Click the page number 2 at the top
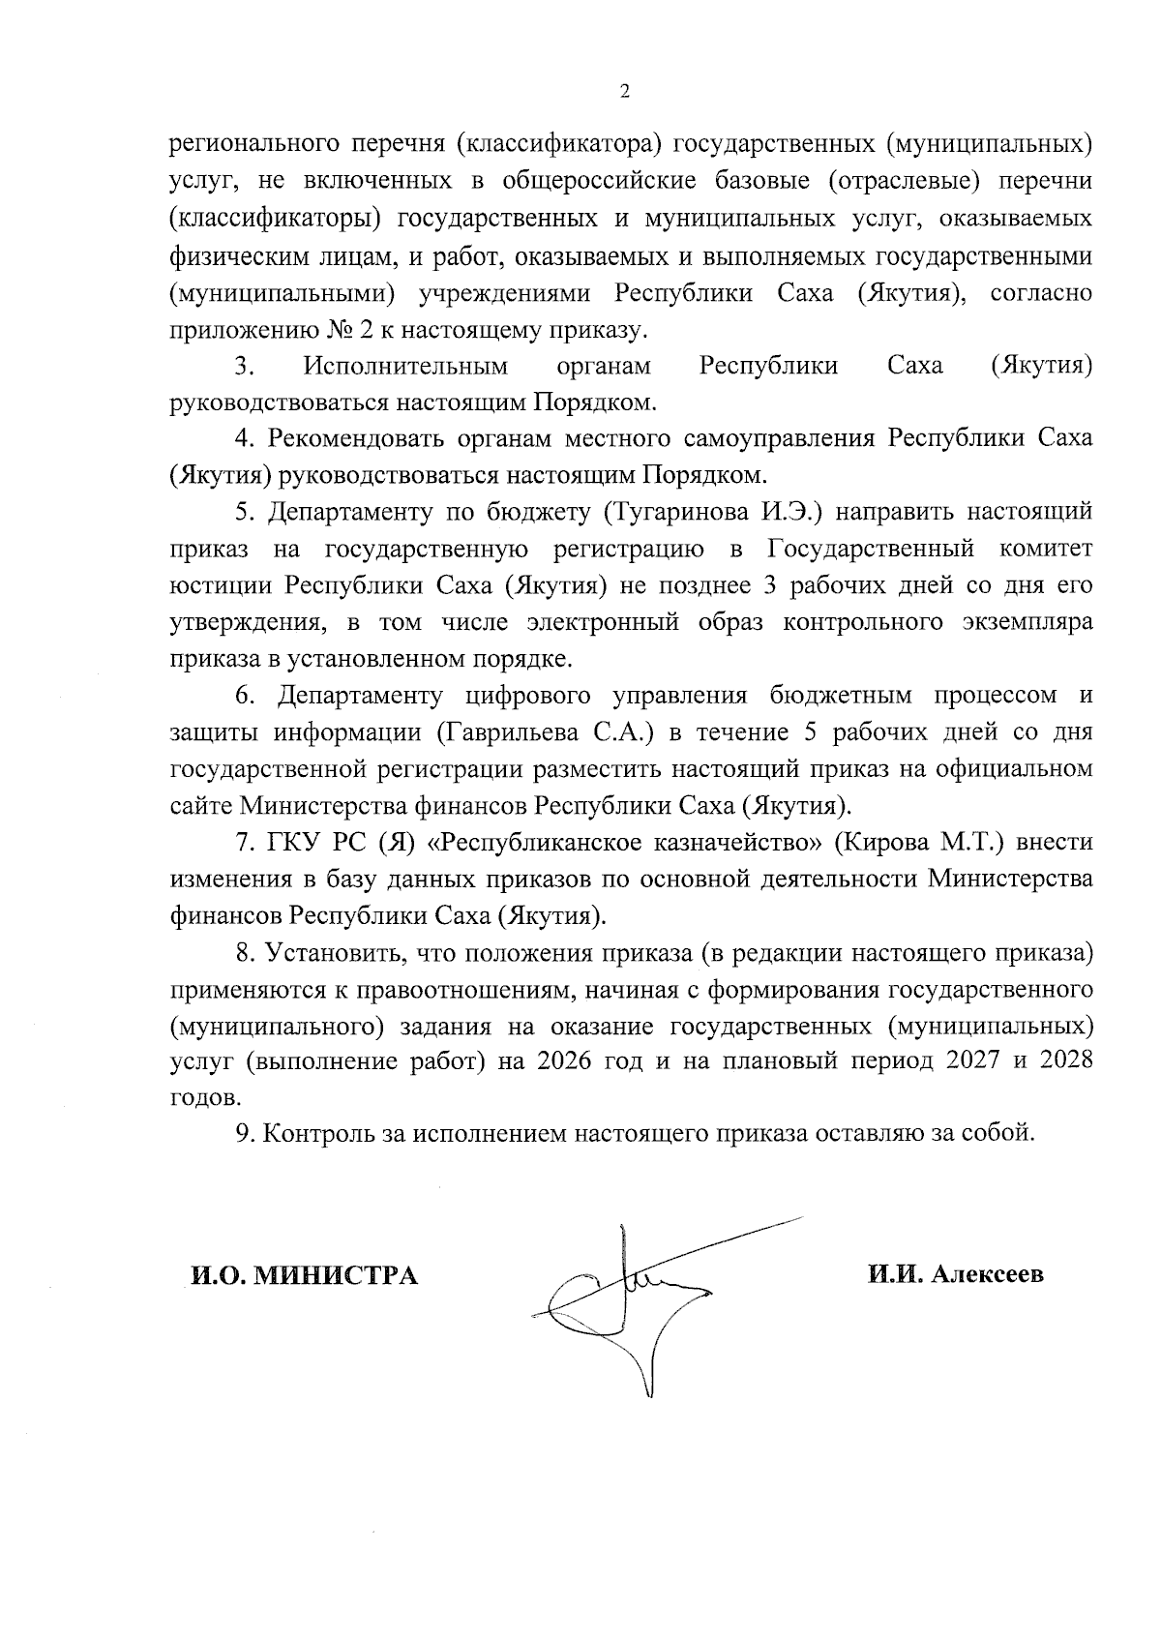(623, 92)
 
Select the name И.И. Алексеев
(955, 1275)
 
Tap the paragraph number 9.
(243, 1134)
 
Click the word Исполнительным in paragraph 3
(405, 367)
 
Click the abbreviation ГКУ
(295, 843)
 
